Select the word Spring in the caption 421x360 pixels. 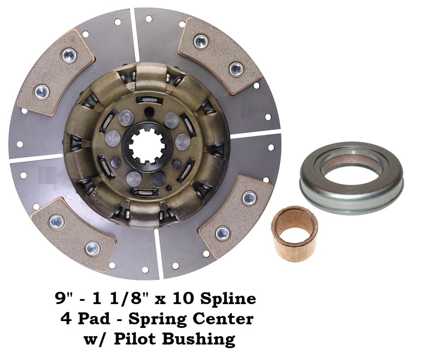pyautogui.click(x=155, y=320)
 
